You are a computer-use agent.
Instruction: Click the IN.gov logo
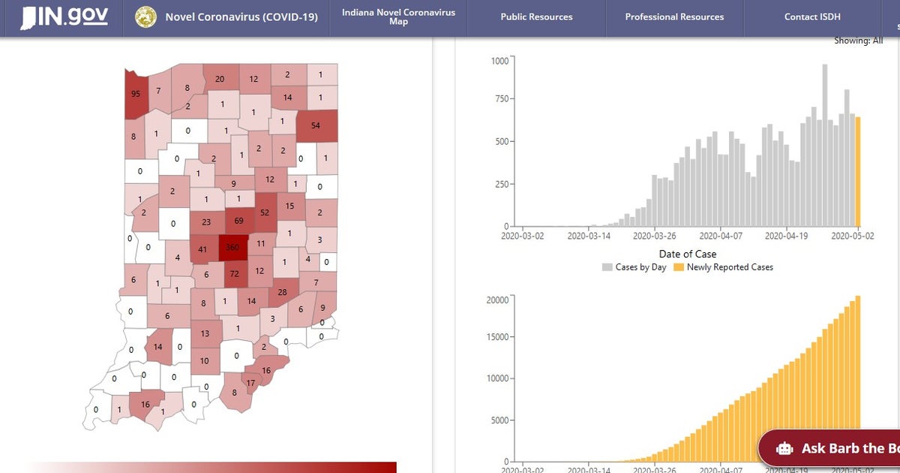[x=64, y=17]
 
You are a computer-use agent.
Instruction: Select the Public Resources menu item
[x=536, y=17]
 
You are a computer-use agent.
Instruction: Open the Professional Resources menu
[x=674, y=17]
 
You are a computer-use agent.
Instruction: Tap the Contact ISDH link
[x=812, y=17]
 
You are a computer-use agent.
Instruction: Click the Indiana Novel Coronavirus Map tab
[x=398, y=17]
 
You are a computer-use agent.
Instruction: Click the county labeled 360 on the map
[x=232, y=248]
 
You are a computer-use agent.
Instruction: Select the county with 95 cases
[x=136, y=94]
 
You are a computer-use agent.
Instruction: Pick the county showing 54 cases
[x=316, y=125]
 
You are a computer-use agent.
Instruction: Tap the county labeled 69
[x=239, y=221]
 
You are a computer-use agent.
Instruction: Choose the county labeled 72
[x=235, y=275]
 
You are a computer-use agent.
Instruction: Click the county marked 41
[x=202, y=249]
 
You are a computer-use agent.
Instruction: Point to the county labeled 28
[x=283, y=292]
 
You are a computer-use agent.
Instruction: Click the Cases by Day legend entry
[x=634, y=267]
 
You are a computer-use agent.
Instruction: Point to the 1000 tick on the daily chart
[x=499, y=61]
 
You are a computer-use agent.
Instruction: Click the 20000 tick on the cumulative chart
[x=497, y=300]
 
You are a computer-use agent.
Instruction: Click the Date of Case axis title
[x=687, y=254]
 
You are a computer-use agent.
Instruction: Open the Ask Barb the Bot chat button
[x=832, y=448]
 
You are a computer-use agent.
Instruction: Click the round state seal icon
[x=145, y=17]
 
